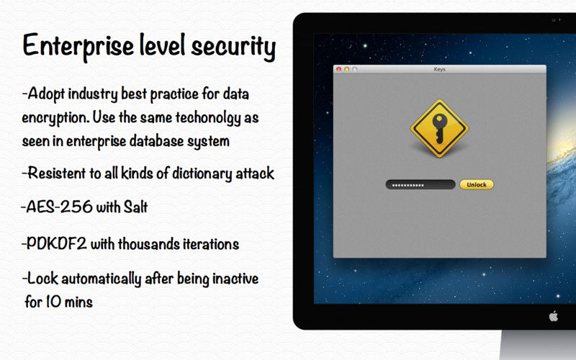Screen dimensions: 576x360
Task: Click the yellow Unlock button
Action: pos(477,184)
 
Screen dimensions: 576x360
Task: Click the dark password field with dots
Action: pos(420,184)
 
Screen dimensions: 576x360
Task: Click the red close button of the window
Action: pos(338,69)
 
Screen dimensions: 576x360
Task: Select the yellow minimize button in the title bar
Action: pos(346,69)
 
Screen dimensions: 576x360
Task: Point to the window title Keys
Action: pos(439,69)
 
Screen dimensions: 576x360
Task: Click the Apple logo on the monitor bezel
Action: pos(553,316)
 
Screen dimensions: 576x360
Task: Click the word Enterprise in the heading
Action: pos(78,46)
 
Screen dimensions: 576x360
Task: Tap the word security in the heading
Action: pos(233,47)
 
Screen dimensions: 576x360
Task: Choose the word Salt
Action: pos(135,207)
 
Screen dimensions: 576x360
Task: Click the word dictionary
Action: pos(202,174)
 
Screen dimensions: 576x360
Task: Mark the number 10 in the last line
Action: pos(53,302)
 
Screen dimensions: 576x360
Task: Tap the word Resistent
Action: pos(57,173)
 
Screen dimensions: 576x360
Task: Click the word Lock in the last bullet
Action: pos(42,279)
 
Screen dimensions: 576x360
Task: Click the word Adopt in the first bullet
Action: pos(46,94)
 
